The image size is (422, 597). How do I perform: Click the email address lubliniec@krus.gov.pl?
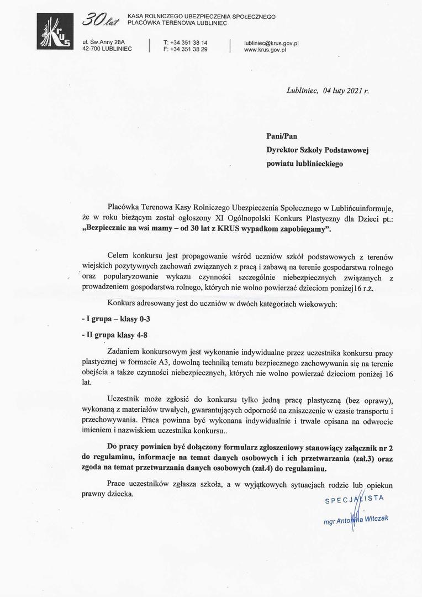[x=271, y=42]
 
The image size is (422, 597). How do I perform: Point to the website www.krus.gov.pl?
[x=265, y=49]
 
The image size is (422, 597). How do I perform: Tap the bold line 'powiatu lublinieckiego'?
[x=304, y=164]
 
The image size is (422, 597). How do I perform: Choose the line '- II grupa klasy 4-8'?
[x=114, y=335]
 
